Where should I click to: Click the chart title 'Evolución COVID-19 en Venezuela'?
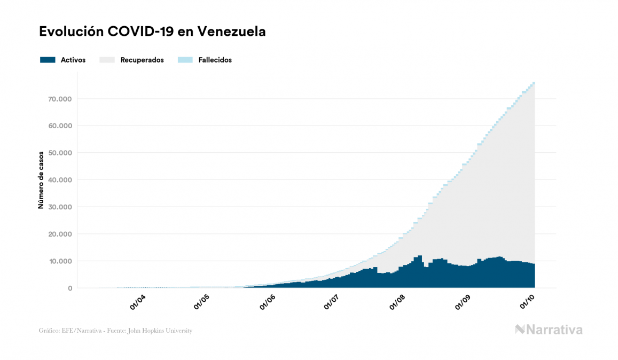pyautogui.click(x=152, y=32)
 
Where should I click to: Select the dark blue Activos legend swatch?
pyautogui.click(x=48, y=60)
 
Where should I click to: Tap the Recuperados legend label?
pyautogui.click(x=142, y=60)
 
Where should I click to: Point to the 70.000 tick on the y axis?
pyautogui.click(x=59, y=99)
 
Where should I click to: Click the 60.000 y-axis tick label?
pyautogui.click(x=59, y=126)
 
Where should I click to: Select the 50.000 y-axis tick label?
pyautogui.click(x=59, y=153)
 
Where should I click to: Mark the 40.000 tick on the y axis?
pyautogui.click(x=59, y=180)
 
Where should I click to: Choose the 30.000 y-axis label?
pyautogui.click(x=59, y=207)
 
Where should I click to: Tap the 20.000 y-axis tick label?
pyautogui.click(x=59, y=234)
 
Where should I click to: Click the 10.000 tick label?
pyautogui.click(x=59, y=261)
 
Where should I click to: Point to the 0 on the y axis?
pyautogui.click(x=69, y=288)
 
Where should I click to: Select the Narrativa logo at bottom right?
pyautogui.click(x=549, y=330)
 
